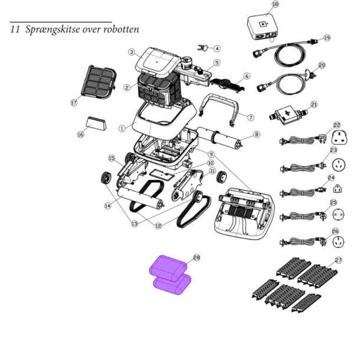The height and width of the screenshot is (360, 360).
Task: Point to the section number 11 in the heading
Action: click(x=15, y=30)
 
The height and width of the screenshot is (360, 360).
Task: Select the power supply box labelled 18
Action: click(x=263, y=29)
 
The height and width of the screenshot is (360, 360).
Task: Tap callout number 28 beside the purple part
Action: click(x=197, y=258)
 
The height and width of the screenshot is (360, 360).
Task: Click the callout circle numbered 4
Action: click(x=217, y=48)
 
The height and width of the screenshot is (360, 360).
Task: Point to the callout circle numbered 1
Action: click(x=122, y=127)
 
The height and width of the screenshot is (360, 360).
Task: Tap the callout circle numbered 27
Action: click(x=338, y=260)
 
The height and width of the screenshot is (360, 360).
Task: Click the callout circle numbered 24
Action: click(x=331, y=178)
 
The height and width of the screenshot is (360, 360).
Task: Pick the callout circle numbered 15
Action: click(x=111, y=158)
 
